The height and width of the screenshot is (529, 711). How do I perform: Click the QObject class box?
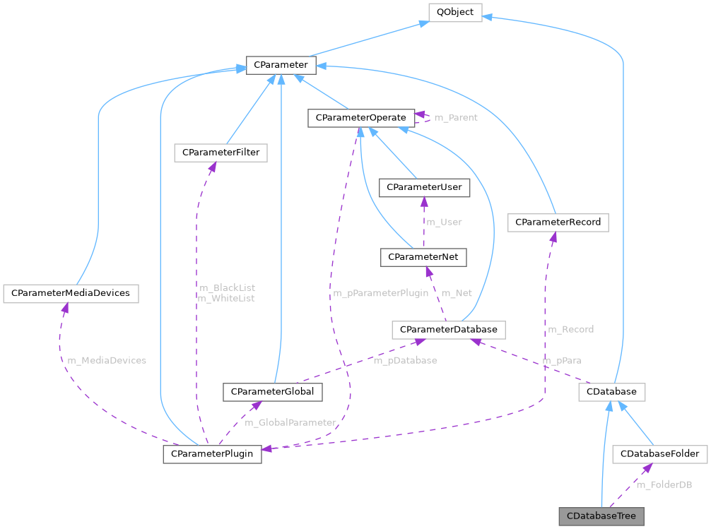coord(455,12)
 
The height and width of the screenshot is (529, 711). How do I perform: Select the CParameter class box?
coord(281,65)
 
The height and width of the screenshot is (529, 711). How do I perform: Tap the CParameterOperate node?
coord(360,117)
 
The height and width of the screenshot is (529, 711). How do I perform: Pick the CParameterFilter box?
coord(221,152)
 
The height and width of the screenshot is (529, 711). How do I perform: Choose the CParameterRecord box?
coord(558,222)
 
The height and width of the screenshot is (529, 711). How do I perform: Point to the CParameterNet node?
coord(423,258)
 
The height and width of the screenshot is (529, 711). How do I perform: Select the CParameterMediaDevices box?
coord(71,293)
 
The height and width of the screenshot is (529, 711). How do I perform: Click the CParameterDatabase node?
coord(448,329)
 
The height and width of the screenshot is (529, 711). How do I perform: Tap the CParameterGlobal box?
coord(273,391)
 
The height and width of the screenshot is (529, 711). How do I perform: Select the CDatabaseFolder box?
coord(659,453)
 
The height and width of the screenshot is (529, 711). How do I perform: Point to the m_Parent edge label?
coord(455,117)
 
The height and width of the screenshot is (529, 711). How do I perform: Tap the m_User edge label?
coord(443,222)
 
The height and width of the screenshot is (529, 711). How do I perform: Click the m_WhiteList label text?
coord(227,299)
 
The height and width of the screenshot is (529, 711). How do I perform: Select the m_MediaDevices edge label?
coord(107,360)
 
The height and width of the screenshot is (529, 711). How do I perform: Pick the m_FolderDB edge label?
coord(664,485)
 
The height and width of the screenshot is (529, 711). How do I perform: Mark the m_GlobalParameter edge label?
coord(290,422)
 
